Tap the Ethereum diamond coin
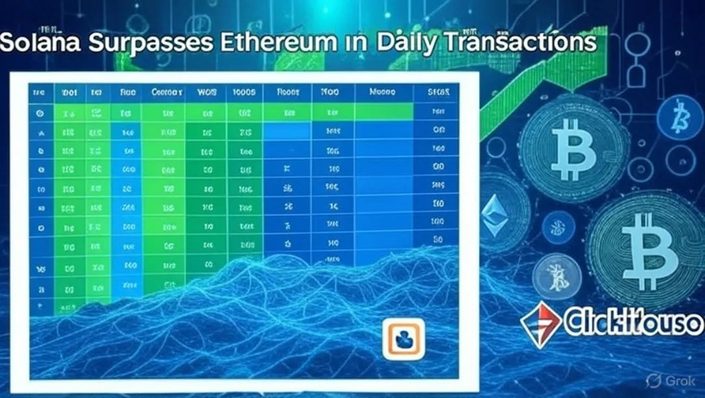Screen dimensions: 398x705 click(495, 216)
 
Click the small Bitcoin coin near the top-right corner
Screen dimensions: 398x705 click(680, 117)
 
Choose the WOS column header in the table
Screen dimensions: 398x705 click(206, 93)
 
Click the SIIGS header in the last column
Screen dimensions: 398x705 click(439, 93)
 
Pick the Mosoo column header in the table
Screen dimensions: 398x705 click(382, 93)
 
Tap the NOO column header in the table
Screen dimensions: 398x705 click(329, 93)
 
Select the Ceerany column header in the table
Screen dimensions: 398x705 click(167, 93)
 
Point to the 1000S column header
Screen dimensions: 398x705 click(244, 93)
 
